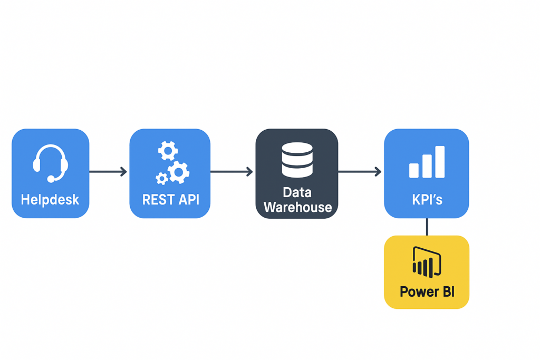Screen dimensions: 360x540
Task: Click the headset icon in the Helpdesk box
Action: [x=51, y=163]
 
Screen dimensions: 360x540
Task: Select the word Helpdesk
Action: [x=50, y=200]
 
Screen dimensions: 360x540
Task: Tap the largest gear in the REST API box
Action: [x=179, y=172]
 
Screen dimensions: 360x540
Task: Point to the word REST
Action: [x=157, y=200]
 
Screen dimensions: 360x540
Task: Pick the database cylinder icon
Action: [x=297, y=160]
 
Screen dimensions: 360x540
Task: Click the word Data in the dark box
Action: [x=297, y=192]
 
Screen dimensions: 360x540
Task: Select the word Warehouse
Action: [x=297, y=207]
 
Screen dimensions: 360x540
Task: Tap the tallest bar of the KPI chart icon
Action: [x=439, y=162]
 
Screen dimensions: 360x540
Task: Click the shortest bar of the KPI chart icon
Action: [x=414, y=170]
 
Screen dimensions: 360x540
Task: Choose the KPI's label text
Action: [x=427, y=200]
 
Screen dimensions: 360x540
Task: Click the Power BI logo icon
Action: [x=427, y=262]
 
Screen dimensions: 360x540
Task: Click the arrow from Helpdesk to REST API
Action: [x=108, y=171]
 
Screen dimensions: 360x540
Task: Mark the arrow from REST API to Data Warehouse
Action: [x=232, y=171]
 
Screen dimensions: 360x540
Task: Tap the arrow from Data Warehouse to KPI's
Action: [x=360, y=171]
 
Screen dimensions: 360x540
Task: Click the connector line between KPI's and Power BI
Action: [x=427, y=227]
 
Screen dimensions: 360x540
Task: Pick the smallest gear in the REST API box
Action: [x=162, y=179]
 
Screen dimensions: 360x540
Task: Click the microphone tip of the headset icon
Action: [x=51, y=179]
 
